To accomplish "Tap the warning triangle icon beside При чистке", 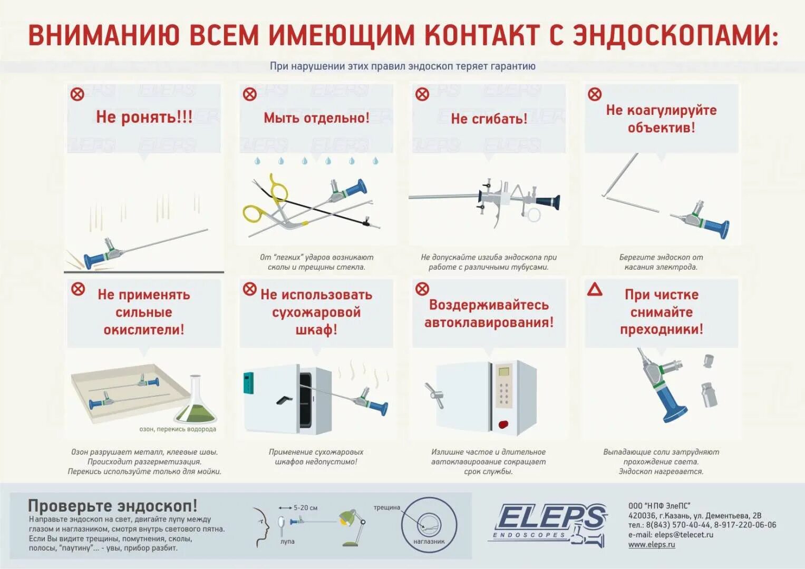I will [x=595, y=289].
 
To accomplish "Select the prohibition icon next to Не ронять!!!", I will [x=77, y=94].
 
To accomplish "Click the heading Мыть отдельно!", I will [x=316, y=117].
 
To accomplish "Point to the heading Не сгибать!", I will [x=489, y=119].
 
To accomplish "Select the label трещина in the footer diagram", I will [x=386, y=507].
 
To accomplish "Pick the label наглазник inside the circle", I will [x=429, y=541].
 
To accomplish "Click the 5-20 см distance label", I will [x=305, y=508].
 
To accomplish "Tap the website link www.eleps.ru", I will [x=651, y=545].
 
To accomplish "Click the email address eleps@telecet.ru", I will [x=684, y=535].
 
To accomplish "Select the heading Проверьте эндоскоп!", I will [x=112, y=506].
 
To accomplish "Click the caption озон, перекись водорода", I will [x=178, y=429].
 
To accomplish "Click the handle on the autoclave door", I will [x=435, y=396].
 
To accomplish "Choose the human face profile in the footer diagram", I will [x=260, y=527].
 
